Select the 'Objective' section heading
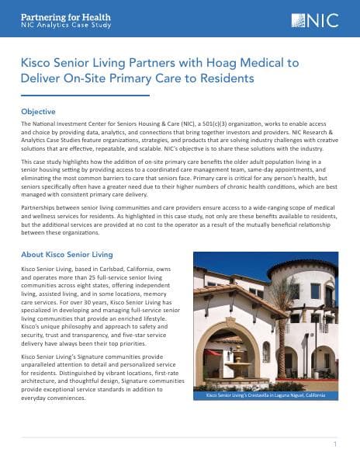(38, 112)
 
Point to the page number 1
(334, 445)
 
